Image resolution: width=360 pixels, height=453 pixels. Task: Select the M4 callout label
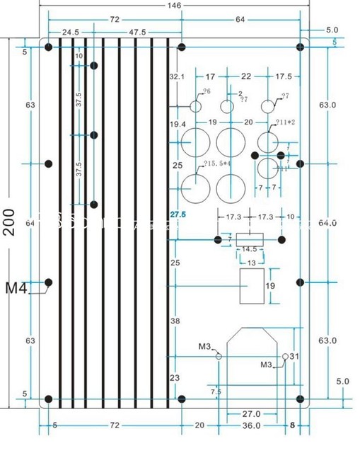click(17, 288)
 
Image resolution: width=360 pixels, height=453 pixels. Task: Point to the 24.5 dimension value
click(71, 33)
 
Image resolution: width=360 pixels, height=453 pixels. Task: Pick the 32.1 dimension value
click(176, 76)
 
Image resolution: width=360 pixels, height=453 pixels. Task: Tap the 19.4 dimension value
click(177, 125)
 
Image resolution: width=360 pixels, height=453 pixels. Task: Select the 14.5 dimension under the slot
click(249, 250)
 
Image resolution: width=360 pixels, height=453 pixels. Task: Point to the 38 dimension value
click(176, 321)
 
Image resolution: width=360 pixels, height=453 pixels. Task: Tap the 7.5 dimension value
click(216, 391)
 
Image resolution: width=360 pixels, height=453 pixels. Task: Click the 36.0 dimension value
click(252, 425)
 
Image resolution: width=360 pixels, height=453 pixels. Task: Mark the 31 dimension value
click(295, 356)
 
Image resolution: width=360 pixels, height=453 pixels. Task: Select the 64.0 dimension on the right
click(327, 223)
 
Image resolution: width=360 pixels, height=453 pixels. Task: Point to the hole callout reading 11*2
click(286, 122)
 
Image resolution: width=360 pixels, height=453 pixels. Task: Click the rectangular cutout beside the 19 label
click(252, 286)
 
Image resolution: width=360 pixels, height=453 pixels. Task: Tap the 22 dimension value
click(246, 76)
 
